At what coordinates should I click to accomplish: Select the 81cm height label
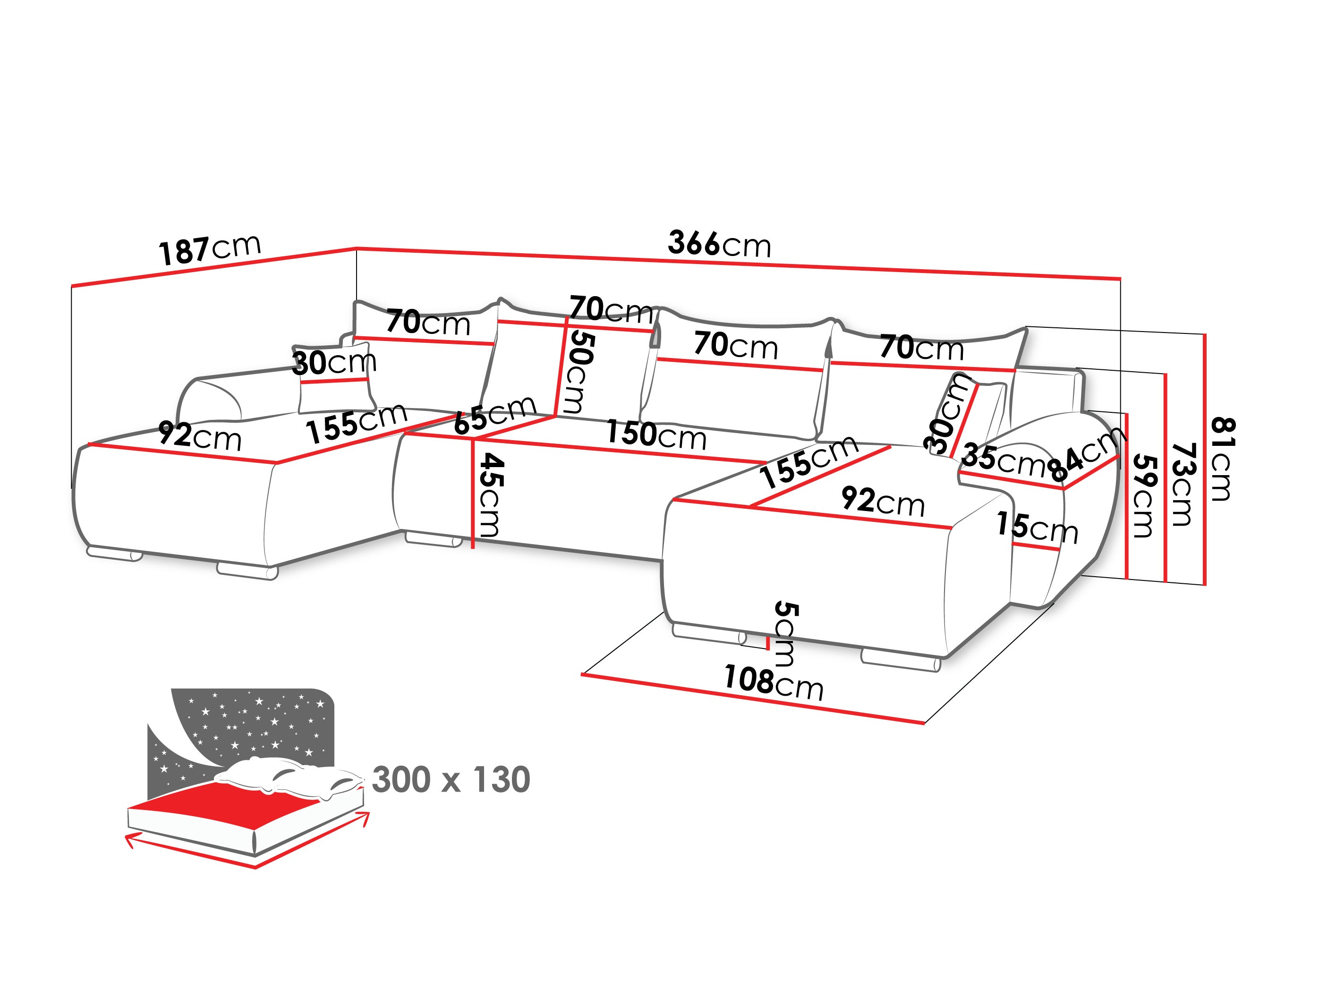click(x=1222, y=459)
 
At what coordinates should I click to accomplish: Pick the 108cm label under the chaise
click(x=774, y=682)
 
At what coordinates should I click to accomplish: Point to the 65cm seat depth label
click(x=495, y=415)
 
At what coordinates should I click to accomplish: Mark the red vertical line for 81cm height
click(x=1205, y=459)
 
